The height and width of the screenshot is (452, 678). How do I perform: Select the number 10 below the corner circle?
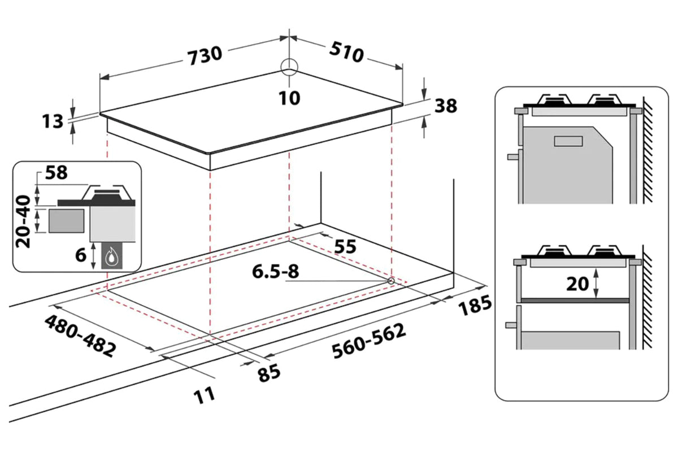[x=289, y=98]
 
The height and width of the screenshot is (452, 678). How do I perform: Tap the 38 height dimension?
[x=445, y=106]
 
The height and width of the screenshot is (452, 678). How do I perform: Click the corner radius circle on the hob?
[x=289, y=67]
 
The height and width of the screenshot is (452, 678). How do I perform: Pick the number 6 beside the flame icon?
[x=81, y=255]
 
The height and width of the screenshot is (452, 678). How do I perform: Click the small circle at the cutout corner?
[x=390, y=280]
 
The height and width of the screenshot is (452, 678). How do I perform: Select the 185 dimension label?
[x=473, y=307]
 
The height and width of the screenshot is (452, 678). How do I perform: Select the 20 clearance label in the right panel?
[x=577, y=284]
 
